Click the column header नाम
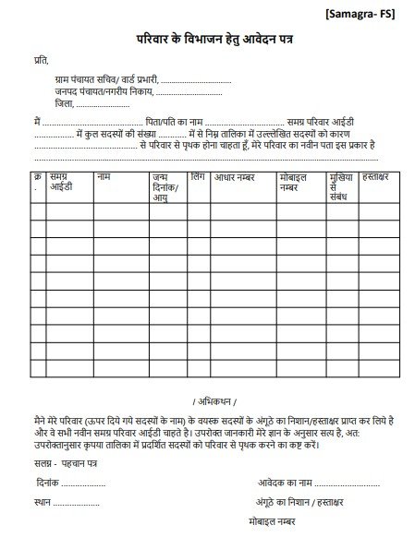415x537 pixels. point(104,175)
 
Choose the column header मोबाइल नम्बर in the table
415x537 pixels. point(296,180)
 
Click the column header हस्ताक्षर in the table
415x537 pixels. point(380,175)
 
